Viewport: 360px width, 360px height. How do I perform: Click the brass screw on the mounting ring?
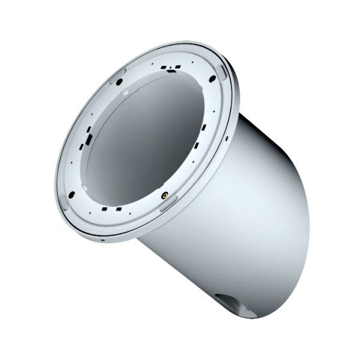point(163,193)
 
